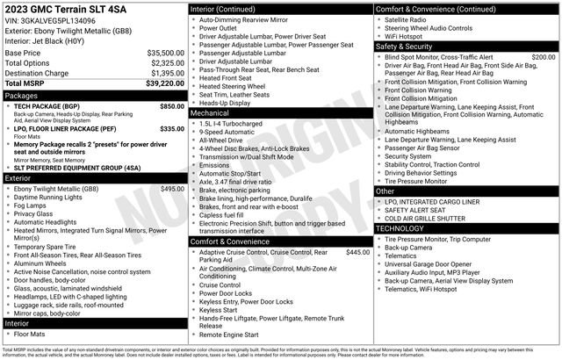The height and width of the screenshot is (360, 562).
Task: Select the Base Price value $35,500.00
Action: coord(165,53)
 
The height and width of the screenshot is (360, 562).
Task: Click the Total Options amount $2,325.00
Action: coord(165,62)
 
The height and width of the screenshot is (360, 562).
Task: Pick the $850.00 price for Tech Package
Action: coord(171,105)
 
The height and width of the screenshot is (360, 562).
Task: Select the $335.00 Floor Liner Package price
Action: coord(171,128)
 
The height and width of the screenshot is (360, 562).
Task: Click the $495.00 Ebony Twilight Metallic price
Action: coord(171,189)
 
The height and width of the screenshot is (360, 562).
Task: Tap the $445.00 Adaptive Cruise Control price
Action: coord(357,252)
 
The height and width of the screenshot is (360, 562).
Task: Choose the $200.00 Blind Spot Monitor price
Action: coord(544,56)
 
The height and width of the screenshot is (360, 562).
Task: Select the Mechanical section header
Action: coord(210,113)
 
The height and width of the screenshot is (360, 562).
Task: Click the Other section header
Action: coord(385,191)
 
